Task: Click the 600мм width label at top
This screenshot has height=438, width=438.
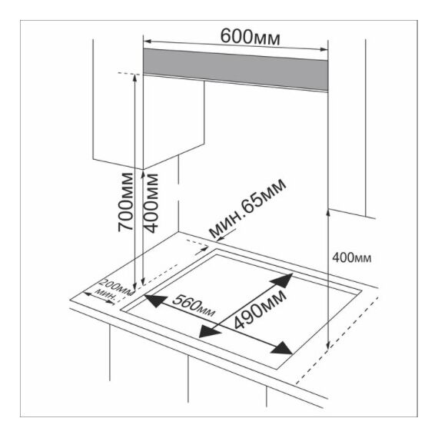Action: coord(250,37)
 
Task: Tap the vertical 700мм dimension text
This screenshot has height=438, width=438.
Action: coord(124,202)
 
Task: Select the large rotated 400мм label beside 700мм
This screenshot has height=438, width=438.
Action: coord(151,203)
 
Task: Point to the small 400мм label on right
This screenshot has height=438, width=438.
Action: coord(352,258)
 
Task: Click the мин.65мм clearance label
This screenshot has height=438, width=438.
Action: coord(247,207)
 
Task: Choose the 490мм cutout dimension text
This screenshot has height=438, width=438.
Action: coord(260,310)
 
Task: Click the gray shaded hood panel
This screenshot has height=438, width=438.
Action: coord(235,70)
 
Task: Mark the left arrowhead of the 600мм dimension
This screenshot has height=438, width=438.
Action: coord(147,41)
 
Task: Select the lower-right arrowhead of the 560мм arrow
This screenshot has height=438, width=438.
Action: coord(282,347)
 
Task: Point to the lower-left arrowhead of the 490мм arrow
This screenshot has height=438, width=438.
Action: coord(209,332)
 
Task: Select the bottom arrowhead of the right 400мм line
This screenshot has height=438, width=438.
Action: coord(328,345)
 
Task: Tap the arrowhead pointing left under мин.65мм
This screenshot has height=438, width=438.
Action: coord(221,239)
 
